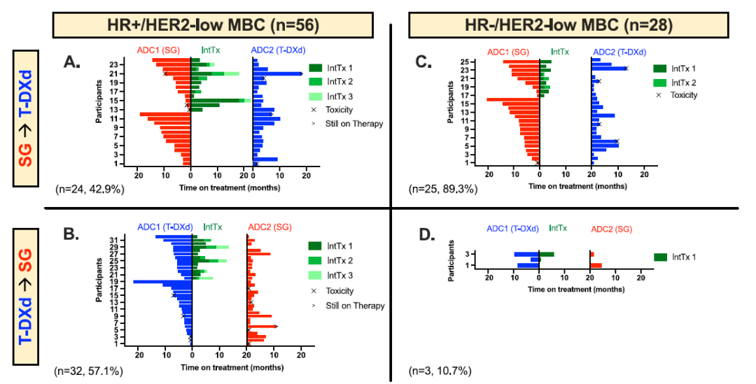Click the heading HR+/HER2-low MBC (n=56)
pos(214,25)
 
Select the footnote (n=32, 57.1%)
pos(90,369)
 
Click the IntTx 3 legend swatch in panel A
pos(317,96)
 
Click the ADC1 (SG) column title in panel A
pos(160,50)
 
